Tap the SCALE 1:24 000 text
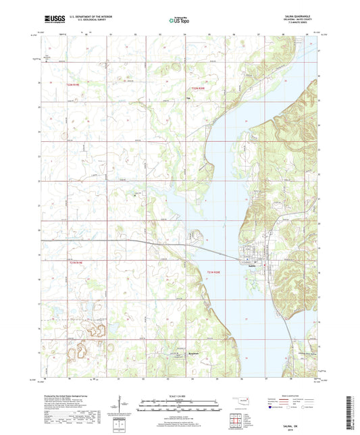pyautogui.click(x=180, y=394)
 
